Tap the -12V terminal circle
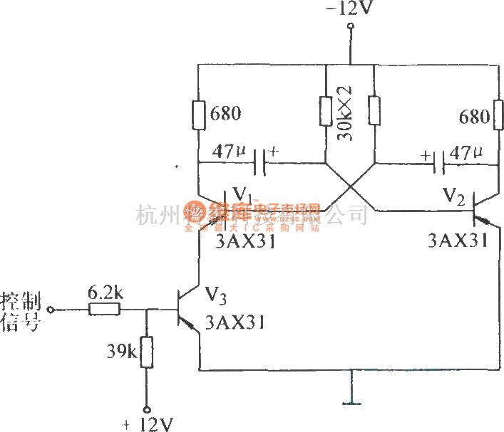coord(350,28)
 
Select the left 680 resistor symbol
coord(198,115)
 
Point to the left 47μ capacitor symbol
coord(260,162)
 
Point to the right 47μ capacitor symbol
coord(440,163)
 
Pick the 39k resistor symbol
coord(147,352)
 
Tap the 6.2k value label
coord(104,293)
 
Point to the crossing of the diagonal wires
coord(349,188)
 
